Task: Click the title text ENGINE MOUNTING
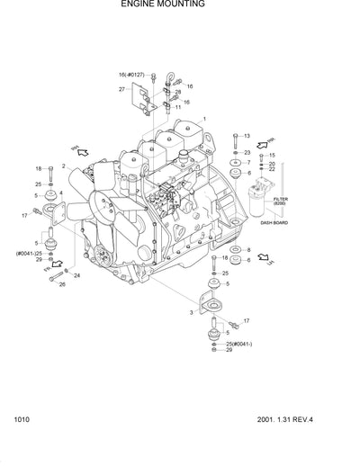tap(162, 5)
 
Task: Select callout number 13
tap(247, 136)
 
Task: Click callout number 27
tap(121, 90)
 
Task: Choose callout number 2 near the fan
tap(64, 166)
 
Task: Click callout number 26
tap(63, 284)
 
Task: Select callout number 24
tap(77, 275)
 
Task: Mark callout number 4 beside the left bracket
tap(61, 193)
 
